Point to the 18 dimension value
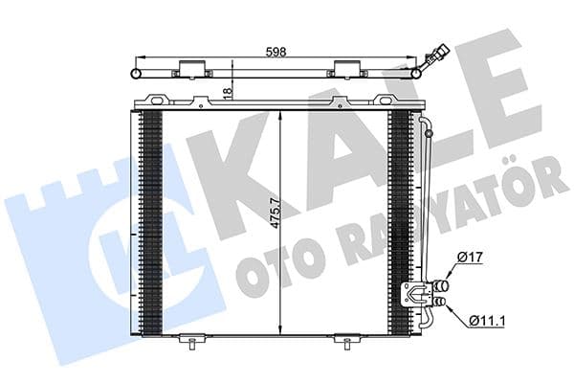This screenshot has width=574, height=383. [x=227, y=91]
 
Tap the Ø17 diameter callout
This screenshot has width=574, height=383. [x=469, y=257]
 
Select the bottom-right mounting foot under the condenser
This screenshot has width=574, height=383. [x=344, y=339]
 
